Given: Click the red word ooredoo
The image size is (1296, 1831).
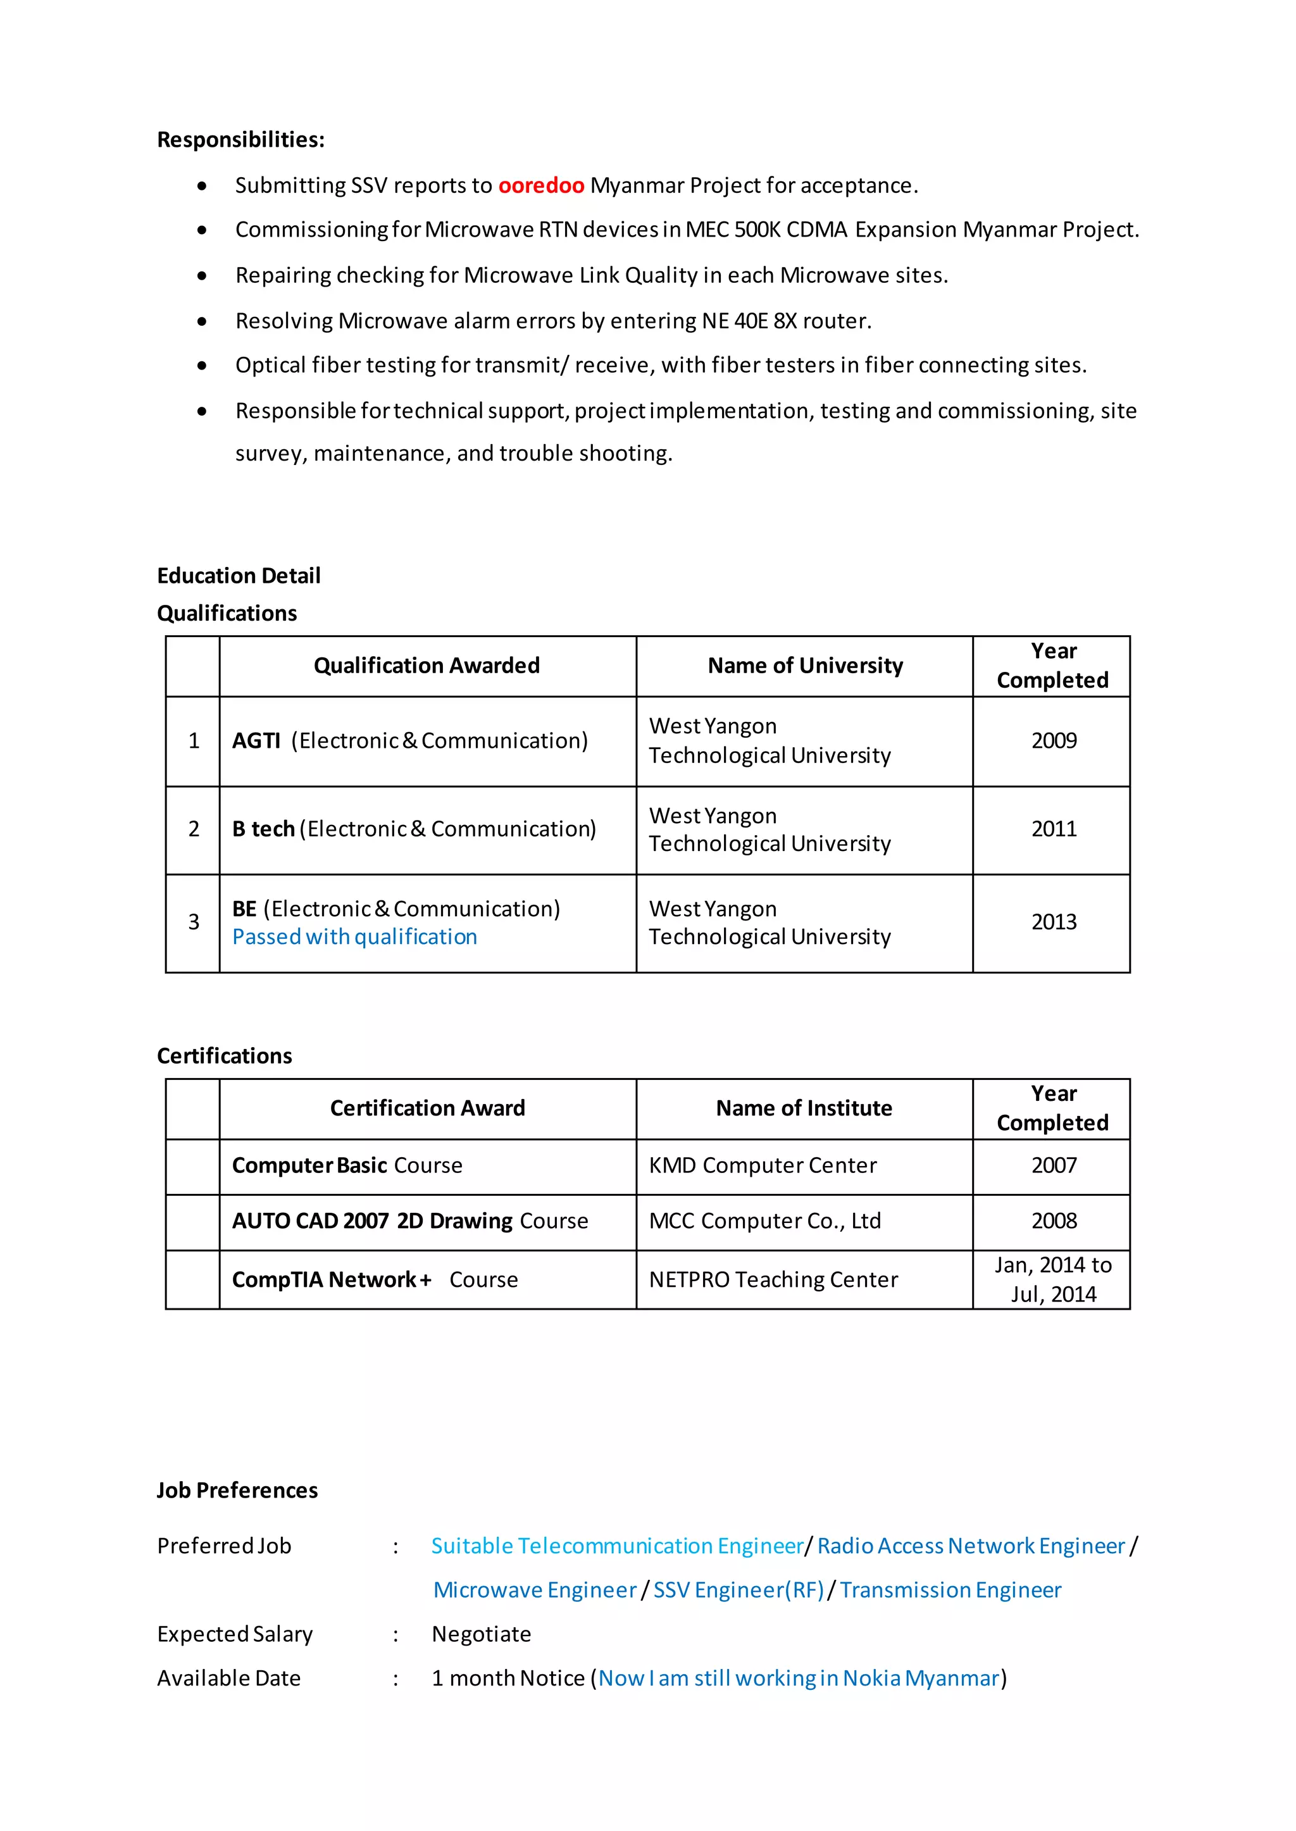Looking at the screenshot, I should [541, 185].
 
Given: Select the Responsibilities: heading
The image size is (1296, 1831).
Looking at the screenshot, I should [240, 140].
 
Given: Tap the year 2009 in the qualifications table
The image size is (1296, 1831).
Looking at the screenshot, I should [1054, 740].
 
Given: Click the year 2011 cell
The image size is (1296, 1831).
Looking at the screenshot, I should [1054, 829].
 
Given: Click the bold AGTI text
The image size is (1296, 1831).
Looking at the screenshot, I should [256, 740].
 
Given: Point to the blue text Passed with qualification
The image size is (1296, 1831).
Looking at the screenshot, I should [354, 936].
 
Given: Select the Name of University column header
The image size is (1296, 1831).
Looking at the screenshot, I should [804, 666].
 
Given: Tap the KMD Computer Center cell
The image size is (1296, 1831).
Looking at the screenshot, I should [762, 1165].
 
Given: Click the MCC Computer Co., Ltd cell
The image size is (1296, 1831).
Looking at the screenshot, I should [764, 1220].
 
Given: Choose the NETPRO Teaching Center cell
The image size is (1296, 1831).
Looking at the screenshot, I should [773, 1280].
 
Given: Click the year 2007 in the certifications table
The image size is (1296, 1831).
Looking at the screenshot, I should [1054, 1165].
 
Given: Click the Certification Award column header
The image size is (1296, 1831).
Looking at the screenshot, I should [427, 1108].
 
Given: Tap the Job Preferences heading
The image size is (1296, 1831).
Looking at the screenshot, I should [237, 1491].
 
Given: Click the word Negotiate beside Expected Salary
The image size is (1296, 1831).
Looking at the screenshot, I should [481, 1634].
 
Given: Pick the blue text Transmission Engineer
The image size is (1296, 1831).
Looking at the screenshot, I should [950, 1590].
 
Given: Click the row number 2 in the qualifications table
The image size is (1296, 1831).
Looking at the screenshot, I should [194, 829].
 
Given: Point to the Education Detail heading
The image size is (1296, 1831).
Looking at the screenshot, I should [239, 575].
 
